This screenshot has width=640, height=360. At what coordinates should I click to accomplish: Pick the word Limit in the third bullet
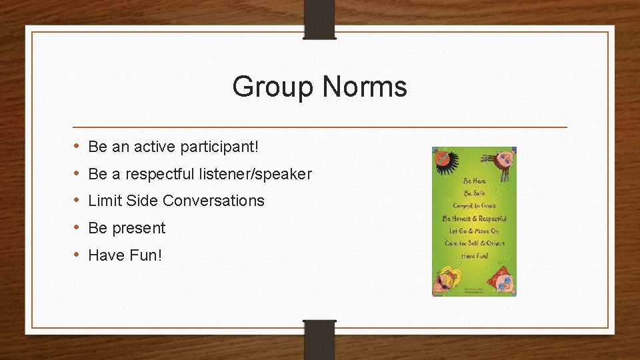(x=105, y=201)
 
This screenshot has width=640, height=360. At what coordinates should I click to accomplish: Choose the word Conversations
(x=213, y=201)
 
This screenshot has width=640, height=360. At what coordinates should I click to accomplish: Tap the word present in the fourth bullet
(x=138, y=228)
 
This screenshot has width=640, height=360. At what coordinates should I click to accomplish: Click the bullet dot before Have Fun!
(x=78, y=255)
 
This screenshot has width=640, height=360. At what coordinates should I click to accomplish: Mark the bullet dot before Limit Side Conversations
(x=78, y=200)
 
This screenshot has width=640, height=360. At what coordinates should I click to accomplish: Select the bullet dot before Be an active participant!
(x=78, y=145)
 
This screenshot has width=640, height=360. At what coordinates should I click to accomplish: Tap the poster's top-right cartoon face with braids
(x=505, y=160)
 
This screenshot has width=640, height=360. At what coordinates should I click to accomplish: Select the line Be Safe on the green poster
(x=475, y=193)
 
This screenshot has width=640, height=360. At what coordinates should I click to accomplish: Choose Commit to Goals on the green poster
(x=475, y=205)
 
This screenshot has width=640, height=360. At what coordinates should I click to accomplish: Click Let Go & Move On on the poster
(x=475, y=231)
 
